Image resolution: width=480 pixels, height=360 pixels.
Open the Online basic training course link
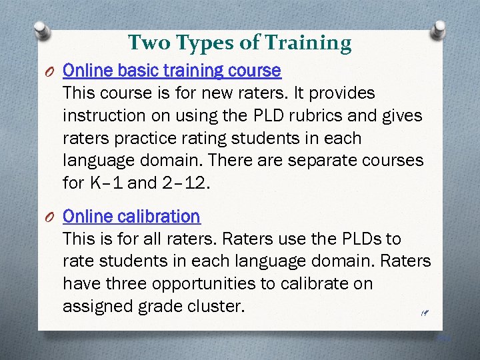tap(171, 70)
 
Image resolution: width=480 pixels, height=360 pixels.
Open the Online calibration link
tap(131, 216)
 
